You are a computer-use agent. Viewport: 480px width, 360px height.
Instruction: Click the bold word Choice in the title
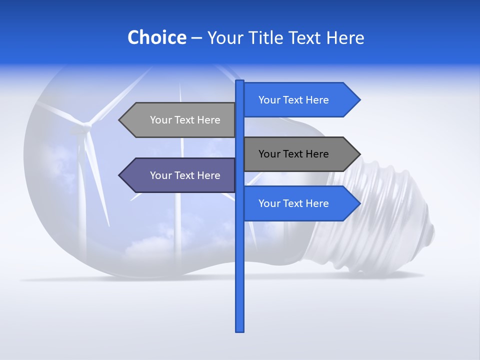pos(156,38)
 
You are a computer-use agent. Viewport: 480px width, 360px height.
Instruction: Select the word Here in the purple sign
pos(208,175)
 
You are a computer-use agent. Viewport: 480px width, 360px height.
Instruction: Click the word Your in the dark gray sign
pos(269,154)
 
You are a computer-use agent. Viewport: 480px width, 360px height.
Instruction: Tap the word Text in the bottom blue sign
pos(293,203)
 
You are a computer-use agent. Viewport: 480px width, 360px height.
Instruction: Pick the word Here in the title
pos(345,38)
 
